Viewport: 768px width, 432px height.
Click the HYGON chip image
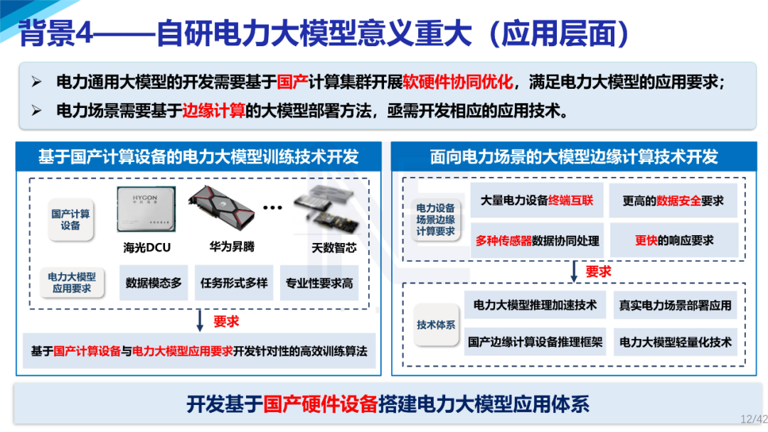(147, 210)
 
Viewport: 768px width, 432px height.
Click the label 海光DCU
(147, 248)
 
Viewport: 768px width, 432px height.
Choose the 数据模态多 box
(154, 283)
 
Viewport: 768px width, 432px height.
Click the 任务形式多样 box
(234, 283)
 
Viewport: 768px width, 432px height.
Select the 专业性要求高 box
(319, 283)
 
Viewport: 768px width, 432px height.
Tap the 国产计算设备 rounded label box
(70, 220)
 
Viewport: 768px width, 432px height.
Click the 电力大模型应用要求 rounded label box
(72, 283)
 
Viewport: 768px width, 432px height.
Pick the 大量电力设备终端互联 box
(537, 201)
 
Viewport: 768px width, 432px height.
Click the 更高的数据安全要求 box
(673, 201)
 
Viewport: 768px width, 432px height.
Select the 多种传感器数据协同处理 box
(537, 241)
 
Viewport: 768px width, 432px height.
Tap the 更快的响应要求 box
(673, 241)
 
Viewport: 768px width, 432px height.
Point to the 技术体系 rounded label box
(436, 325)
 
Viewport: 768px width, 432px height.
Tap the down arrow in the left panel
(200, 321)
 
